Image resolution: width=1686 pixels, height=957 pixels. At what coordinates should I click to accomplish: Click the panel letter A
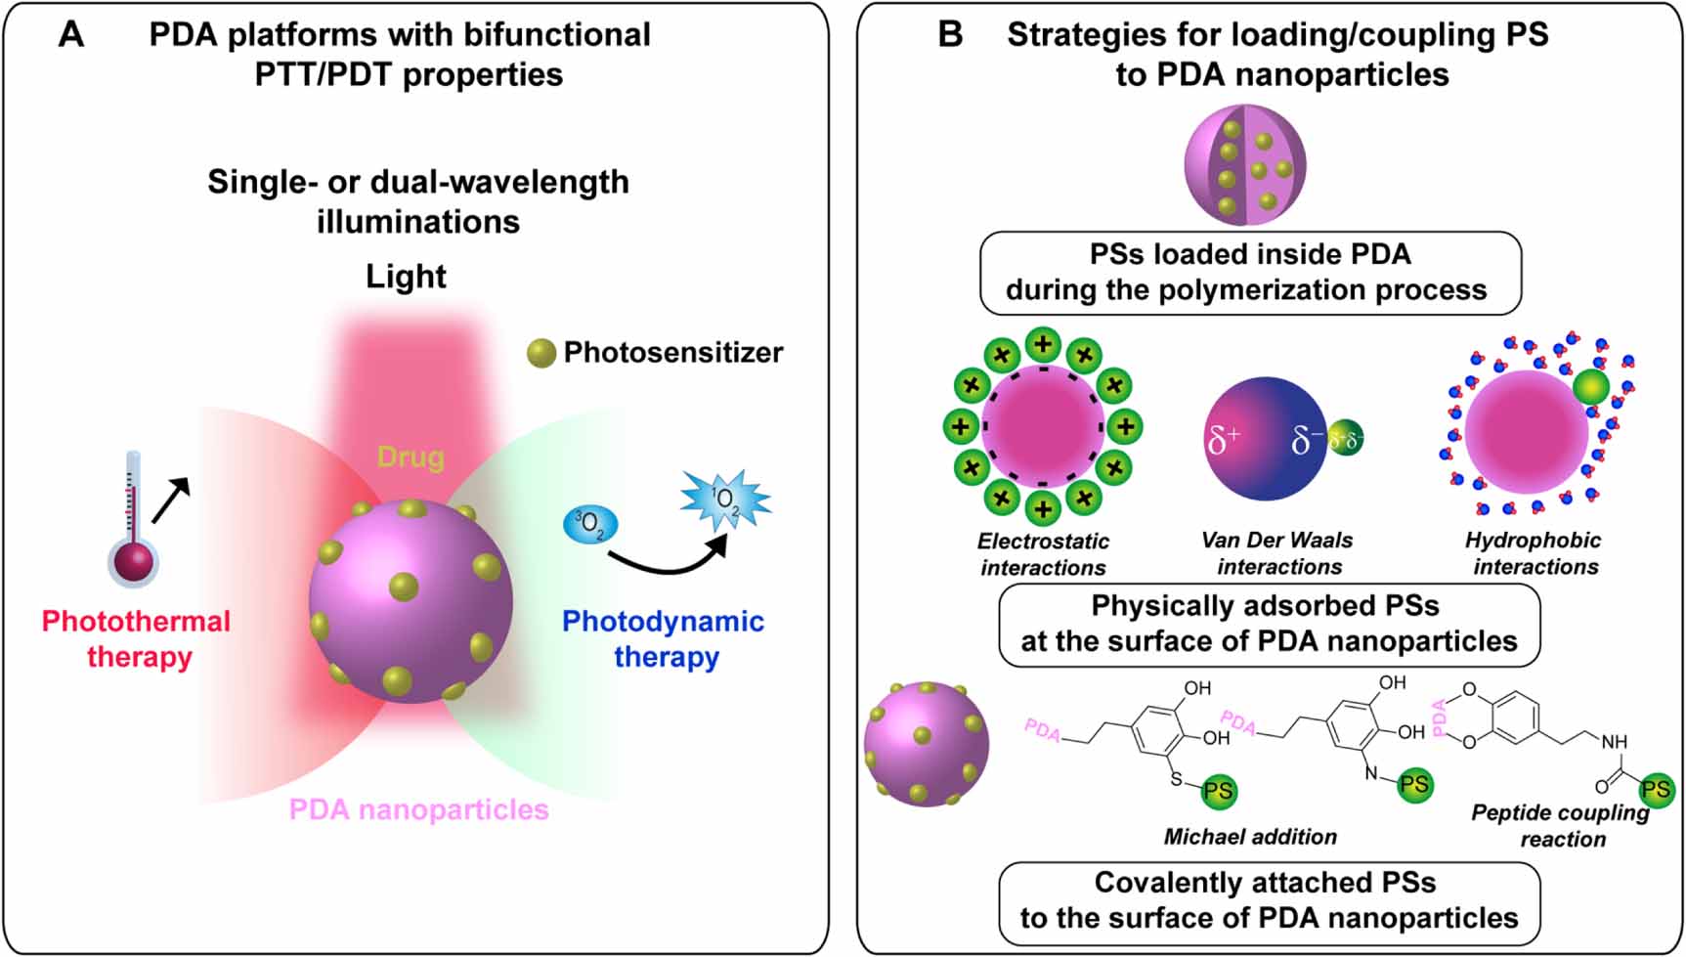coord(71,34)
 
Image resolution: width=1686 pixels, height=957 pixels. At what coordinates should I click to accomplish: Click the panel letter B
coord(950,34)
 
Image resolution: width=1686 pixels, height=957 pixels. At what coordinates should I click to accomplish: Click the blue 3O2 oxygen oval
coord(590,525)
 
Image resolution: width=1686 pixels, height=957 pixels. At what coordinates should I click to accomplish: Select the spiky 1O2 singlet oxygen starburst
coord(725,500)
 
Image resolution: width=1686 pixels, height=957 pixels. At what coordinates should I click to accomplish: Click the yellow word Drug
coord(411,457)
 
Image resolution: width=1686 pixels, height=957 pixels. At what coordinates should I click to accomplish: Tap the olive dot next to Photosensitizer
coord(541,353)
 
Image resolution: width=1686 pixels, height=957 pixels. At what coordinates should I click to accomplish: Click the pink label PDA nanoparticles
coord(418,809)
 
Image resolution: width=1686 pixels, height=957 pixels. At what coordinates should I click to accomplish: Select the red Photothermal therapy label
coord(137,638)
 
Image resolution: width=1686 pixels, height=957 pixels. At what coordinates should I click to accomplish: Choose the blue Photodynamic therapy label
coord(664,638)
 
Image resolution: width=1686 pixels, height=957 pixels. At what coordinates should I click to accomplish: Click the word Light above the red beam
coord(406,277)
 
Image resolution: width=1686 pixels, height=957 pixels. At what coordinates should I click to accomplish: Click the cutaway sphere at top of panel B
coord(1244,164)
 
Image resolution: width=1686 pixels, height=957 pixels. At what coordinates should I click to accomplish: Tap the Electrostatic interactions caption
coord(1043,554)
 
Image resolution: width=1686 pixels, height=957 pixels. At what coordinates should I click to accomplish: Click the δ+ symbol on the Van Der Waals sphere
coord(1223,441)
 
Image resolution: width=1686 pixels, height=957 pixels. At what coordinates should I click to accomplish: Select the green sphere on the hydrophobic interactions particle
coord(1591,386)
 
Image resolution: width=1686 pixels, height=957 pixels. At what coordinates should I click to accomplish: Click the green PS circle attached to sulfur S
coord(1218,790)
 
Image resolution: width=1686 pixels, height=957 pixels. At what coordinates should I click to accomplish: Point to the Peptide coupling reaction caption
coord(1560,826)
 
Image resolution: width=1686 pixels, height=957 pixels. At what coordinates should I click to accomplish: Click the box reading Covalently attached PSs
coord(1269,900)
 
